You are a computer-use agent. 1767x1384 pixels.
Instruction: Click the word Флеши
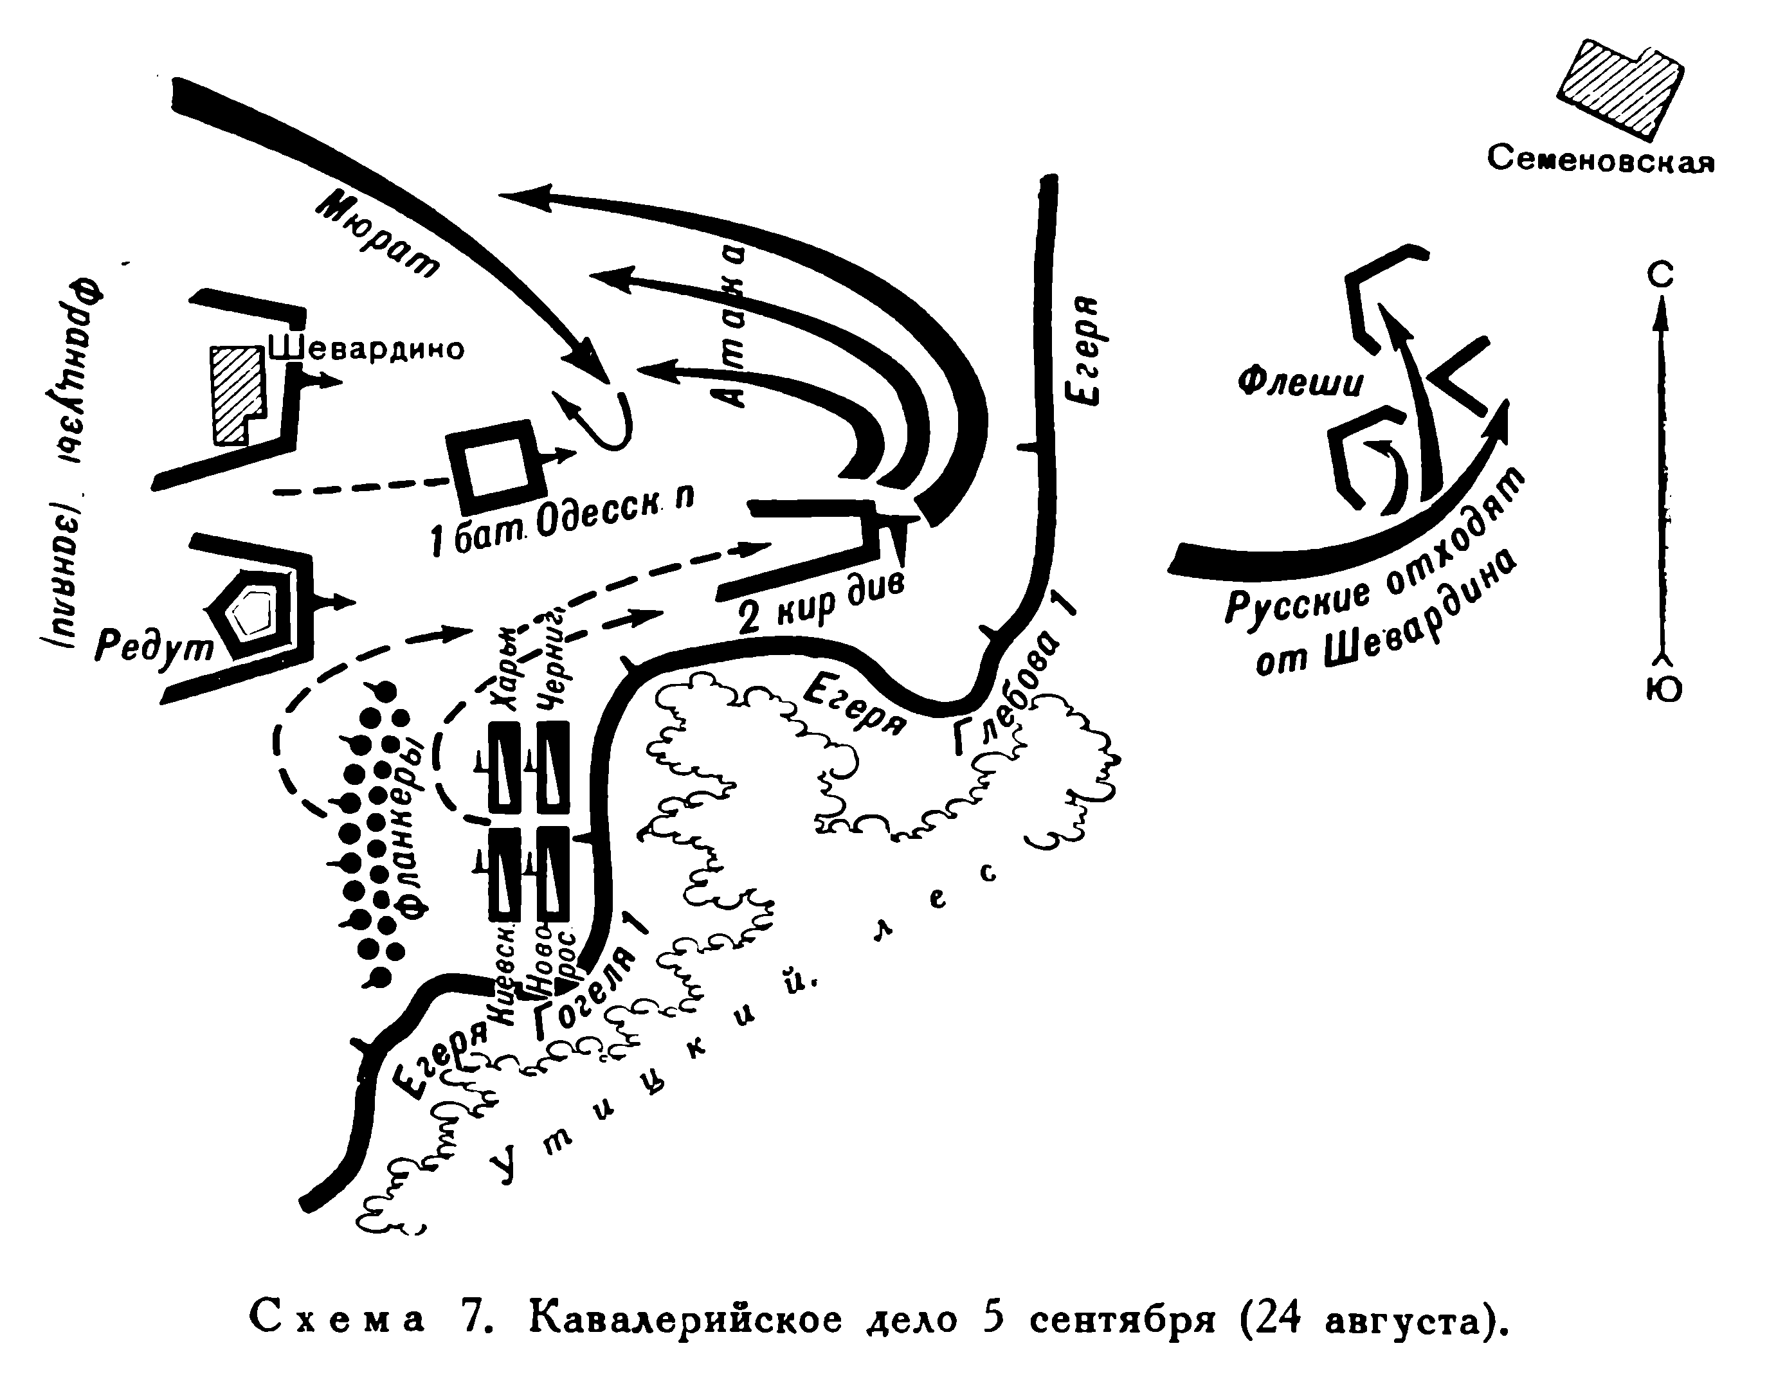click(x=1300, y=382)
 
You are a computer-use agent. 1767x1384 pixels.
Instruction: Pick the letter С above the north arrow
click(x=1660, y=276)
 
